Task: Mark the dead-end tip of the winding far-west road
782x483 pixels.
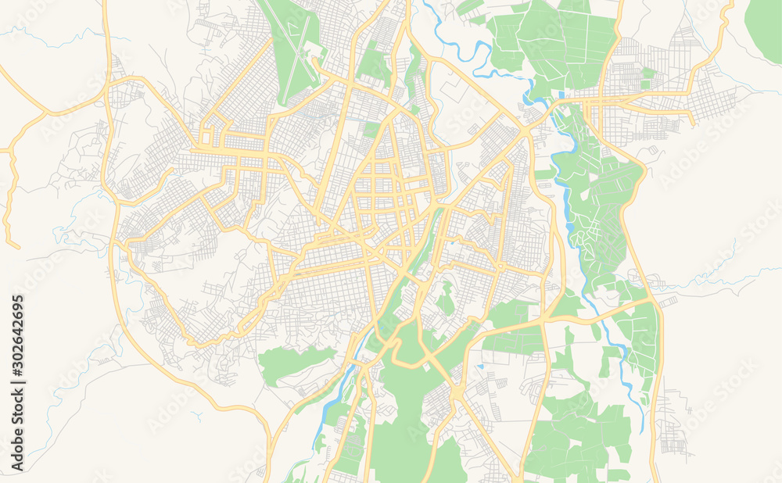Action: click(x=17, y=245)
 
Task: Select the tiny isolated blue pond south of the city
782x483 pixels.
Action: click(x=479, y=365)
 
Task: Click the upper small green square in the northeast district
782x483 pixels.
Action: click(x=648, y=73)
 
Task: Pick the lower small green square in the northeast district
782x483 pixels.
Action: click(x=646, y=84)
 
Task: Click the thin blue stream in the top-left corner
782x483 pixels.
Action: click(x=47, y=35)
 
